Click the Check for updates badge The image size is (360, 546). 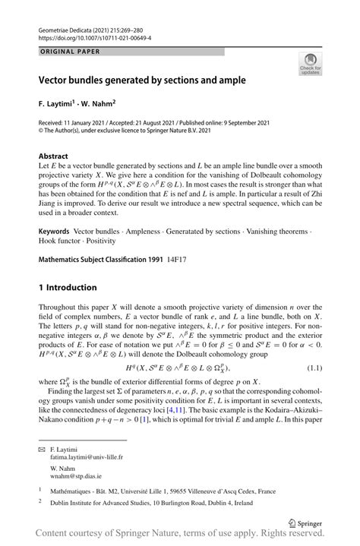[x=311, y=65]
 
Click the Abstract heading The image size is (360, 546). [x=53, y=156]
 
